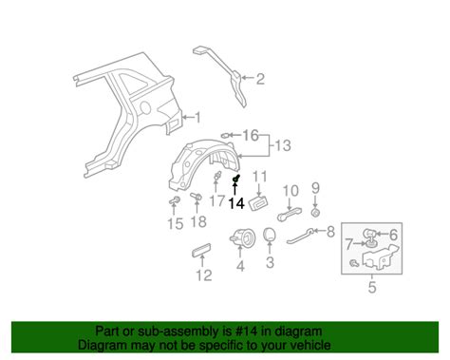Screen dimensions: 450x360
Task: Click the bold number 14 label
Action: (237, 203)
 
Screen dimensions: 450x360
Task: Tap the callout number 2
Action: (260, 79)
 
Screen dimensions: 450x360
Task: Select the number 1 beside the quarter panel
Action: (197, 118)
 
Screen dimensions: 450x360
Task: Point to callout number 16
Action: (251, 135)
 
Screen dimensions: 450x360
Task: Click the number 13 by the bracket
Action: (283, 145)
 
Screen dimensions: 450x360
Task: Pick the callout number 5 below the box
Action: (372, 287)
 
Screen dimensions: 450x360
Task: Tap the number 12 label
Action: (204, 275)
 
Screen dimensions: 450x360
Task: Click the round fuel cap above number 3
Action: (270, 235)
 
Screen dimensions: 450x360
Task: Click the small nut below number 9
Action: (315, 213)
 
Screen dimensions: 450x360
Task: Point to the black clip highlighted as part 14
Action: (235, 179)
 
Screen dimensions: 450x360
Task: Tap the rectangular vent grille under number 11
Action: (259, 202)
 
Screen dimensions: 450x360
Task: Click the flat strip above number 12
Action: (201, 250)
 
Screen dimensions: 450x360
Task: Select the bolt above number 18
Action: (196, 197)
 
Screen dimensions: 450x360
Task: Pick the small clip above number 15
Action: (174, 200)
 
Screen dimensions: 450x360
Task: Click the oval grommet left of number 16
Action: (225, 136)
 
